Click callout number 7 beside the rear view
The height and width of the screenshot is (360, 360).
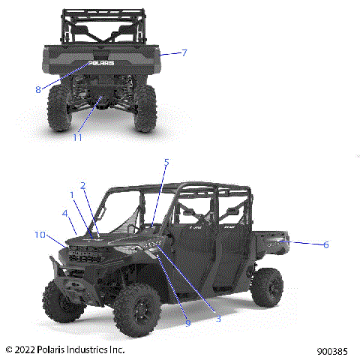coord(184,52)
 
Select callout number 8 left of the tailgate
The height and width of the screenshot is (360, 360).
coord(37,89)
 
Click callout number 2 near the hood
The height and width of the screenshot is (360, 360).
coord(82,186)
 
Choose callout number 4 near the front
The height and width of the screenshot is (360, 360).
coord(65,214)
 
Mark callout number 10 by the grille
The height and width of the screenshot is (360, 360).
coord(40,235)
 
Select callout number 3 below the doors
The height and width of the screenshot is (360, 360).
coord(218,319)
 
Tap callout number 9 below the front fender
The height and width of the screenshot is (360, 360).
coord(187,322)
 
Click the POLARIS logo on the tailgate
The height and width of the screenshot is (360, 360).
coord(102,64)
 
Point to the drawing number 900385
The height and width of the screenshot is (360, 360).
coord(331,350)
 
